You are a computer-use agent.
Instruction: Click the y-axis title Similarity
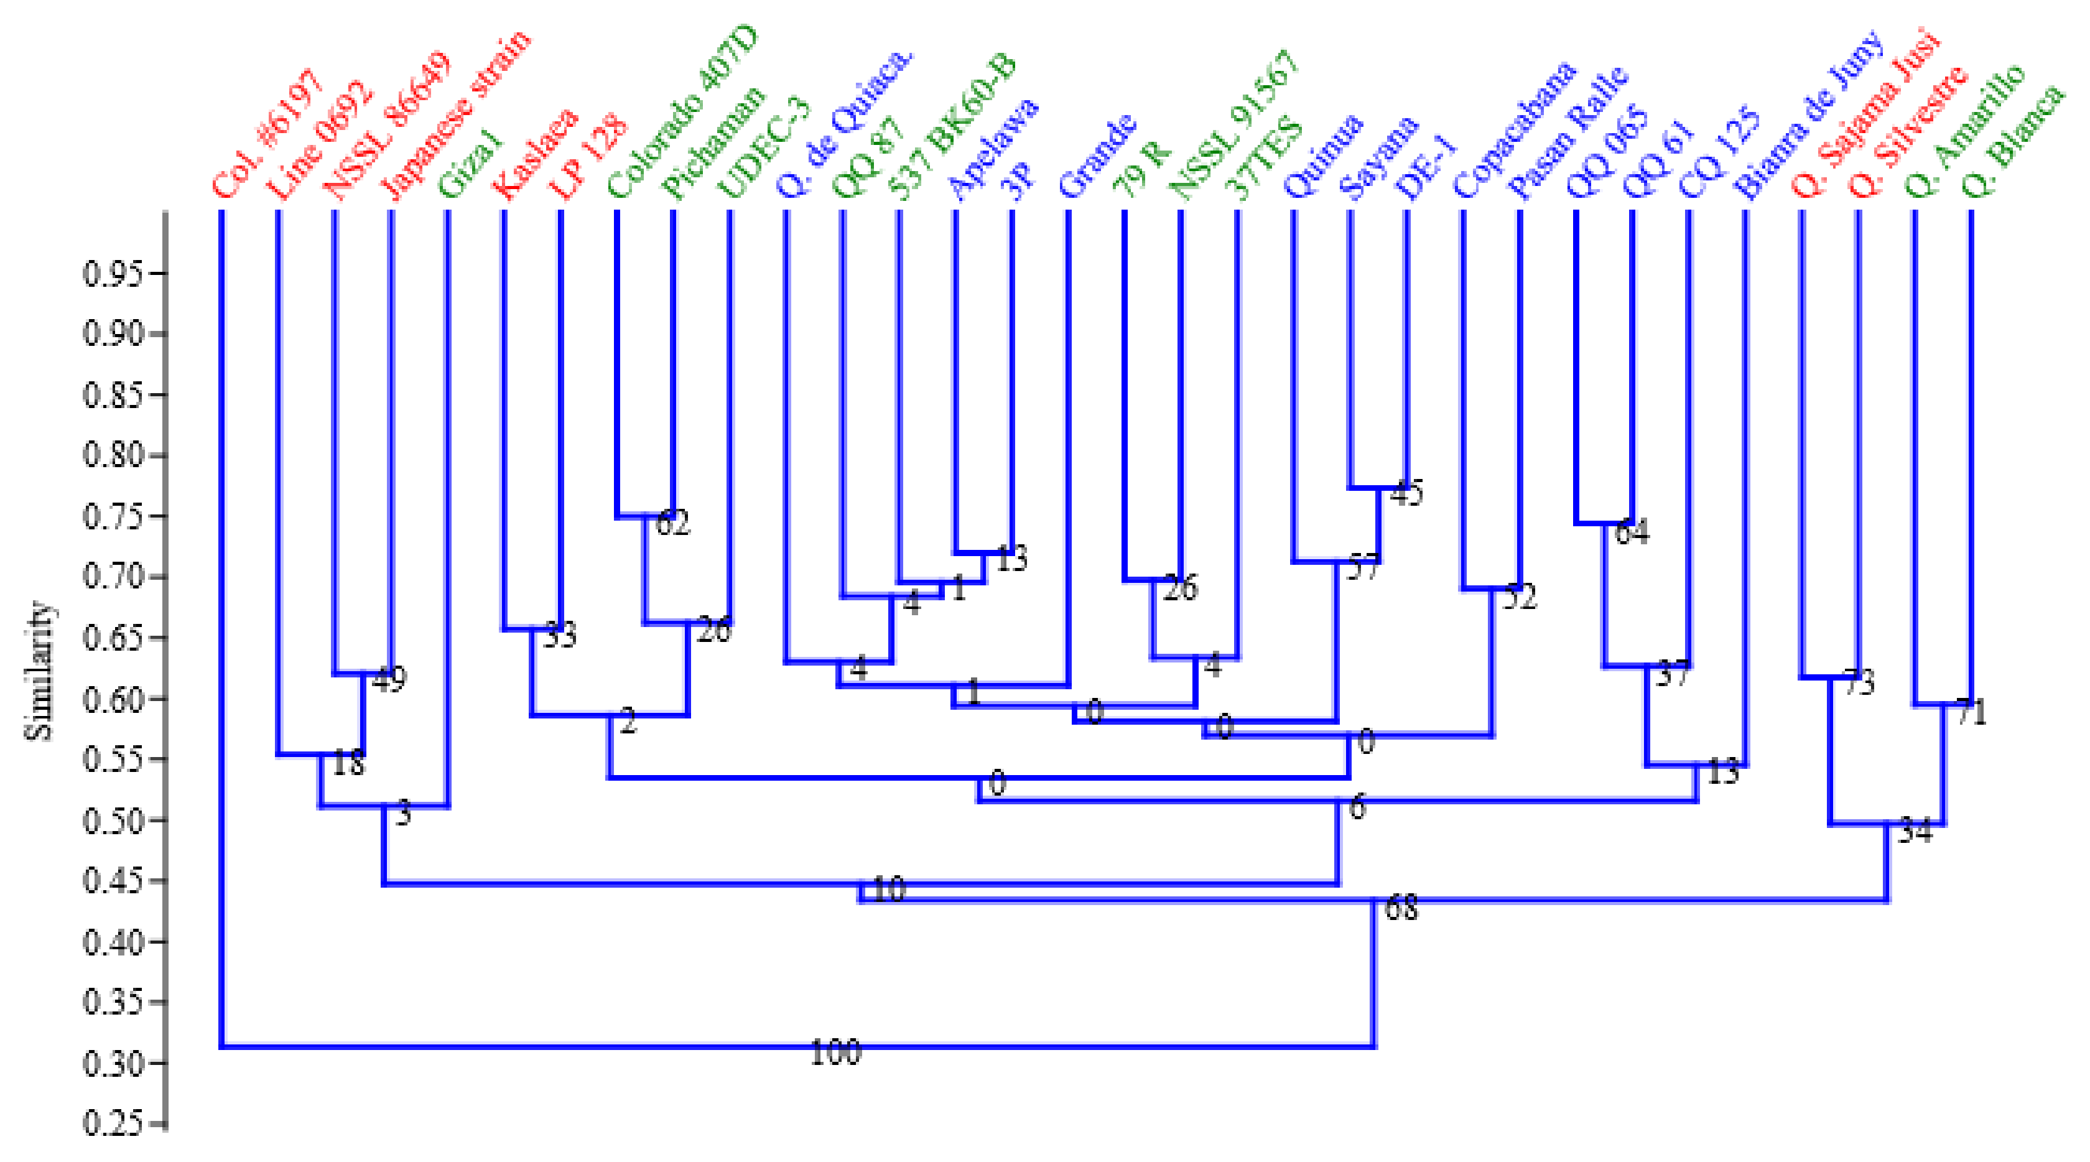point(39,670)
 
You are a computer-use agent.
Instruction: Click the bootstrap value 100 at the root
point(835,1053)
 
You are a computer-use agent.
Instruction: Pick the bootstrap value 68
point(1401,908)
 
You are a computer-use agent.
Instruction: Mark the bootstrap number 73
point(1859,682)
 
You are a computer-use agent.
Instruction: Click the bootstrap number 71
point(1971,712)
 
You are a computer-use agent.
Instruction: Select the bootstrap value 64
point(1632,532)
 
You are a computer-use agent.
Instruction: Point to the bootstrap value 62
point(672,523)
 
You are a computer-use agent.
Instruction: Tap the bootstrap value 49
point(389,680)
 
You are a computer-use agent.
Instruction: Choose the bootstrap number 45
point(1406,493)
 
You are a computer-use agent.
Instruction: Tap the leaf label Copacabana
point(1514,130)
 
